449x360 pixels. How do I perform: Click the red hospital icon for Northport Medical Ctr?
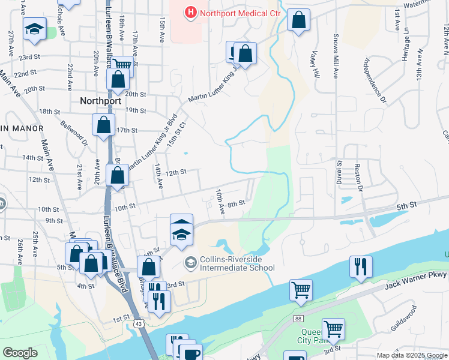pyautogui.click(x=190, y=11)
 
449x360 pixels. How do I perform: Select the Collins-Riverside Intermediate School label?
pyautogui.click(x=237, y=264)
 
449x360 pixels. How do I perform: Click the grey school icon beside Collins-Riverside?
pyautogui.click(x=190, y=262)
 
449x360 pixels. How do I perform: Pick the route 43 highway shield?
pyautogui.click(x=139, y=323)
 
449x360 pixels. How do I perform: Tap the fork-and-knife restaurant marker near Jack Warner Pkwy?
pyautogui.click(x=361, y=266)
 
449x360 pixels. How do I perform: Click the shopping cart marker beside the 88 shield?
pyautogui.click(x=301, y=290)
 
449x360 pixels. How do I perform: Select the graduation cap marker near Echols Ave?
pyautogui.click(x=35, y=28)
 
